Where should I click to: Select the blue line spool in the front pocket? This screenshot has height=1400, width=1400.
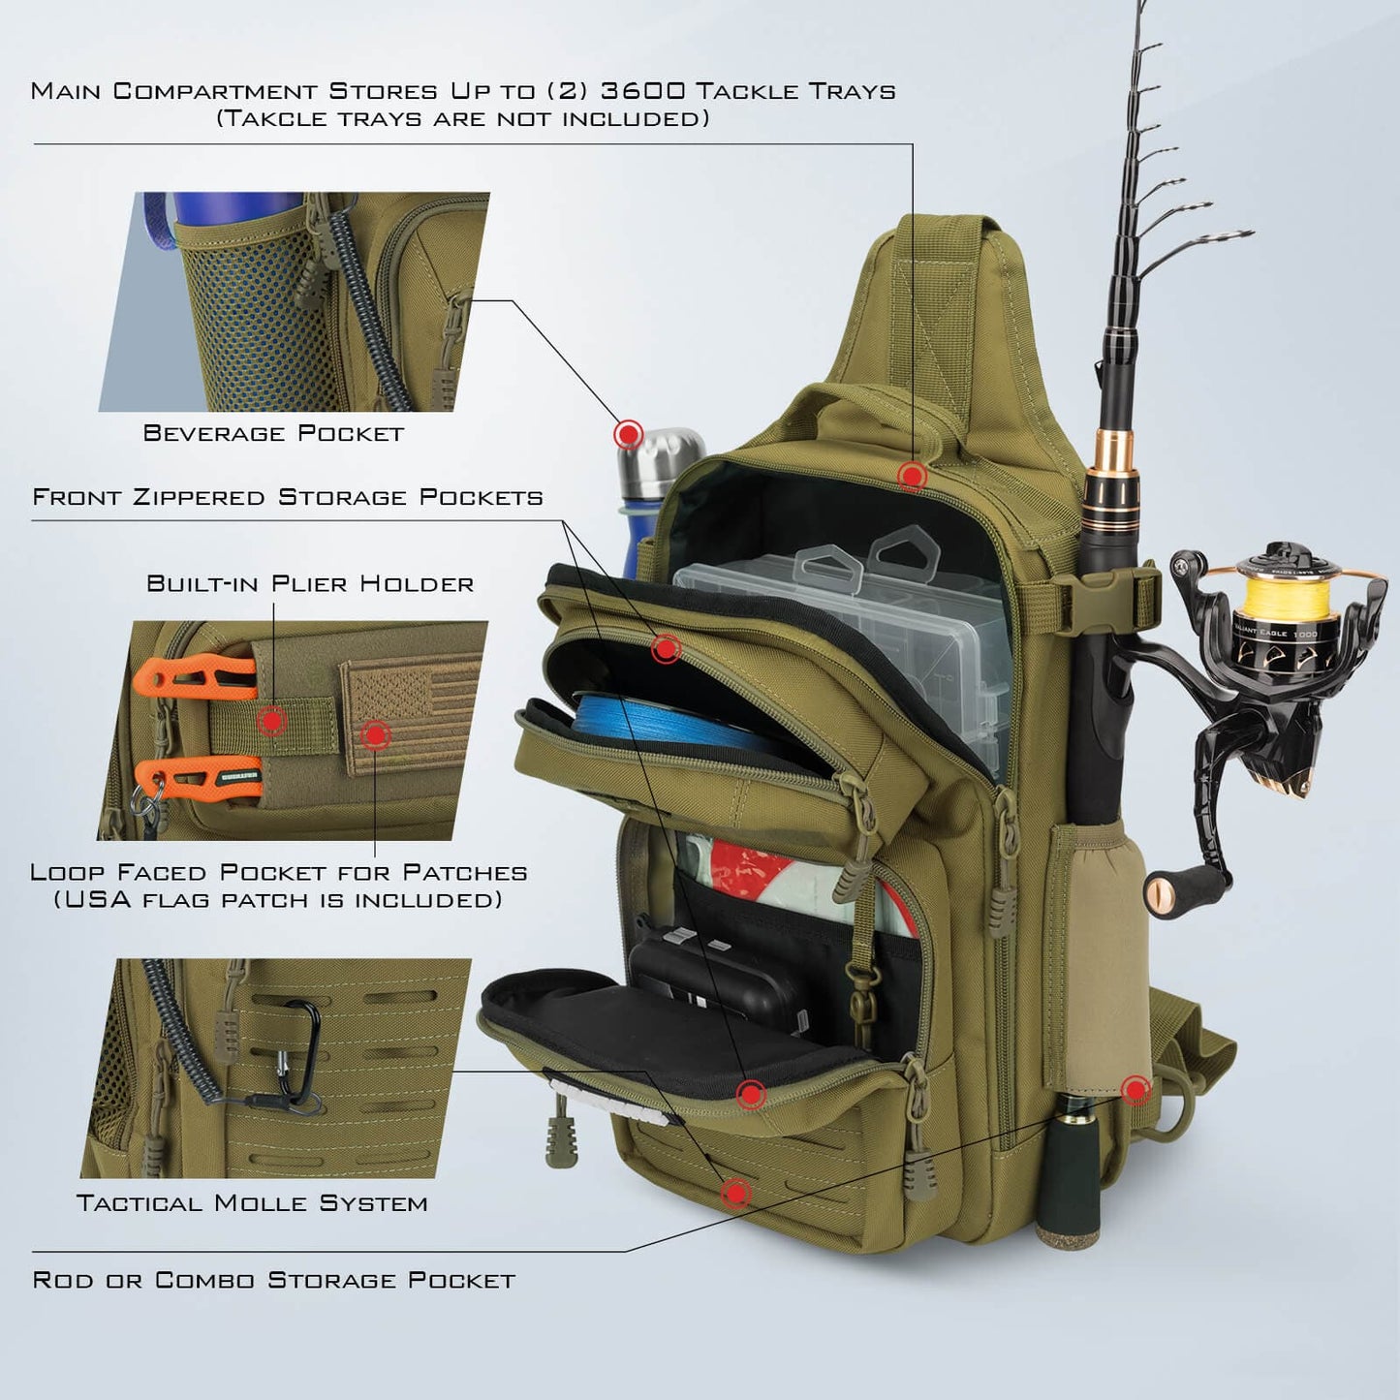(659, 722)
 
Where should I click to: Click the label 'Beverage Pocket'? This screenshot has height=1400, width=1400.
(273, 433)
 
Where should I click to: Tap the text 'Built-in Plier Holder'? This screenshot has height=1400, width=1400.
(310, 583)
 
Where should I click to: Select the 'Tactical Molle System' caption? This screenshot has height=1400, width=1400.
(252, 1203)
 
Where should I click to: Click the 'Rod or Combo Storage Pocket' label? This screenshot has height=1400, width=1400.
(274, 1280)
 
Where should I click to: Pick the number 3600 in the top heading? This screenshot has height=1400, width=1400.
(643, 91)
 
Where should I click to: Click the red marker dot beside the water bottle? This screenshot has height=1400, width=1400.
(629, 433)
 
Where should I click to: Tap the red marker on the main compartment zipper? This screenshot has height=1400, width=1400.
(912, 476)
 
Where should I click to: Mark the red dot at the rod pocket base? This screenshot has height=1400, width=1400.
(1136, 1089)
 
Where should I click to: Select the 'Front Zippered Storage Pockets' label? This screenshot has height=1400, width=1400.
(288, 497)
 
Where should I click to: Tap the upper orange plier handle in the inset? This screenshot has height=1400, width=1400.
(194, 675)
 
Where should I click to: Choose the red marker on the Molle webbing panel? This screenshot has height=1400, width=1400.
(736, 1193)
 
